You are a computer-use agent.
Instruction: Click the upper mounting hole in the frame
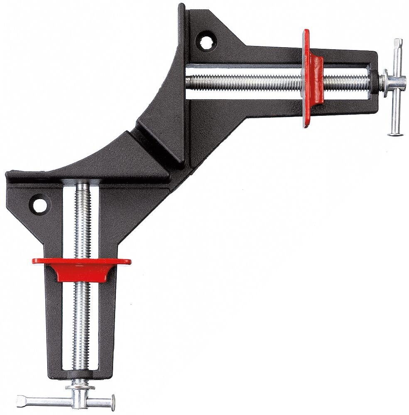[x=206, y=41]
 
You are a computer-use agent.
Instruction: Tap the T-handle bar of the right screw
[x=395, y=87]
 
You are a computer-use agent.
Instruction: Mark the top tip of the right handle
[x=398, y=41]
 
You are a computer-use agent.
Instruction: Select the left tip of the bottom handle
[x=20, y=401]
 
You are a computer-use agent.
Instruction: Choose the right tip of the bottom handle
[x=111, y=401]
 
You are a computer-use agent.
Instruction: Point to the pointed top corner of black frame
[x=181, y=7]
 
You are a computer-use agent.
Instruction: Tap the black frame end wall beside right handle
[x=372, y=79]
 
